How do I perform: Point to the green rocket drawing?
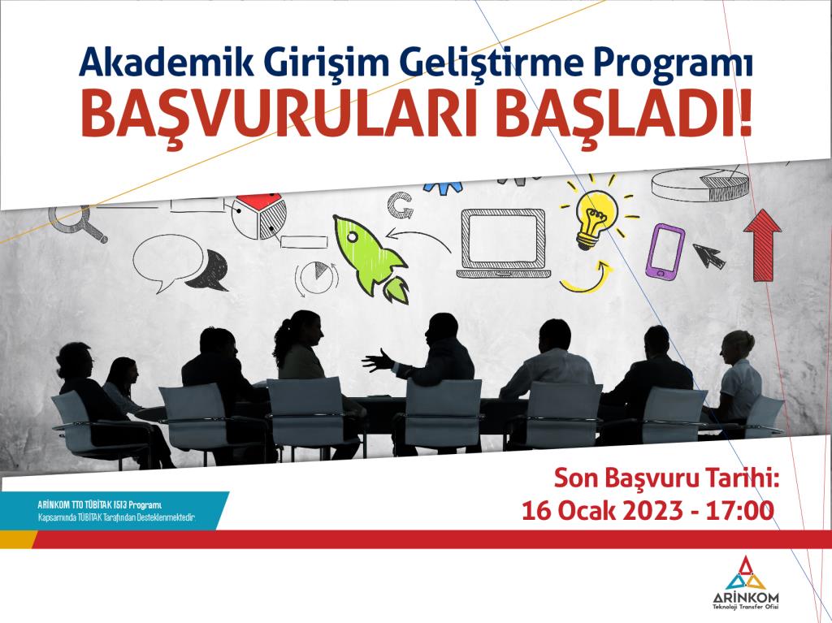(370, 258)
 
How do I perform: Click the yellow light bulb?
(597, 219)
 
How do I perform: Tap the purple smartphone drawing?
(665, 251)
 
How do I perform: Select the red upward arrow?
(762, 244)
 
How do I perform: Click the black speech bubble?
(209, 272)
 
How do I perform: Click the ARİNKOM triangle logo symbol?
(746, 573)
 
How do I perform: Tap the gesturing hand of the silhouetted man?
(377, 361)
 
